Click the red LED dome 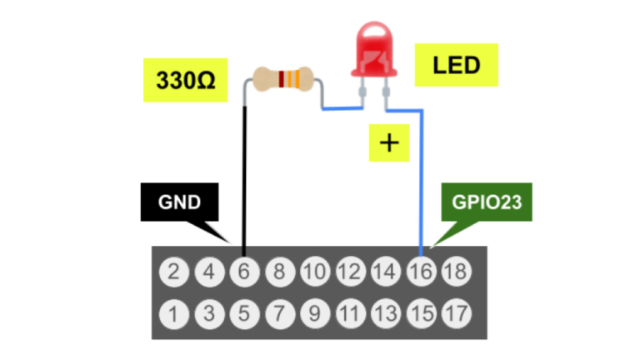tap(375, 51)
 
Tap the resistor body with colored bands tap(284, 80)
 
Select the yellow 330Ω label tap(185, 80)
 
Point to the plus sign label tap(389, 142)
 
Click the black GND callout tap(177, 202)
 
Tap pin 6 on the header tap(244, 272)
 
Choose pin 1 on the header tap(173, 313)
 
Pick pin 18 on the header tap(456, 272)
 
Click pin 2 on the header tap(173, 272)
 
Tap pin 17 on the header tap(456, 313)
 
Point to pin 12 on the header tap(350, 272)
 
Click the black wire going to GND tap(244, 183)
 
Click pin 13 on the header tap(385, 313)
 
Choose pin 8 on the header tap(279, 272)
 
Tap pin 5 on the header tap(244, 313)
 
